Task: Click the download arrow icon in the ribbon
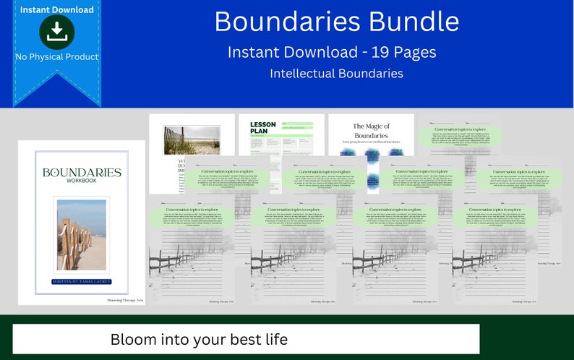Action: point(56,31)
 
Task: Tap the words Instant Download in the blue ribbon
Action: point(56,10)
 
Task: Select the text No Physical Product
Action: point(56,56)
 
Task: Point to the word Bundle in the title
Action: point(414,22)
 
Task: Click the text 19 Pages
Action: point(406,52)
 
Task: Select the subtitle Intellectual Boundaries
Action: point(336,73)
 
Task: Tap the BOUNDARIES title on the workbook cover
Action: point(82,173)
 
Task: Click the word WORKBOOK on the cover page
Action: point(82,181)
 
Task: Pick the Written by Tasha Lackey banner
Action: point(82,280)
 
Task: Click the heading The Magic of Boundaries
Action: point(371,131)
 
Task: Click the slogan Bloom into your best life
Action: point(199,339)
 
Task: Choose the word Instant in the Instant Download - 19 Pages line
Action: point(254,52)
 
